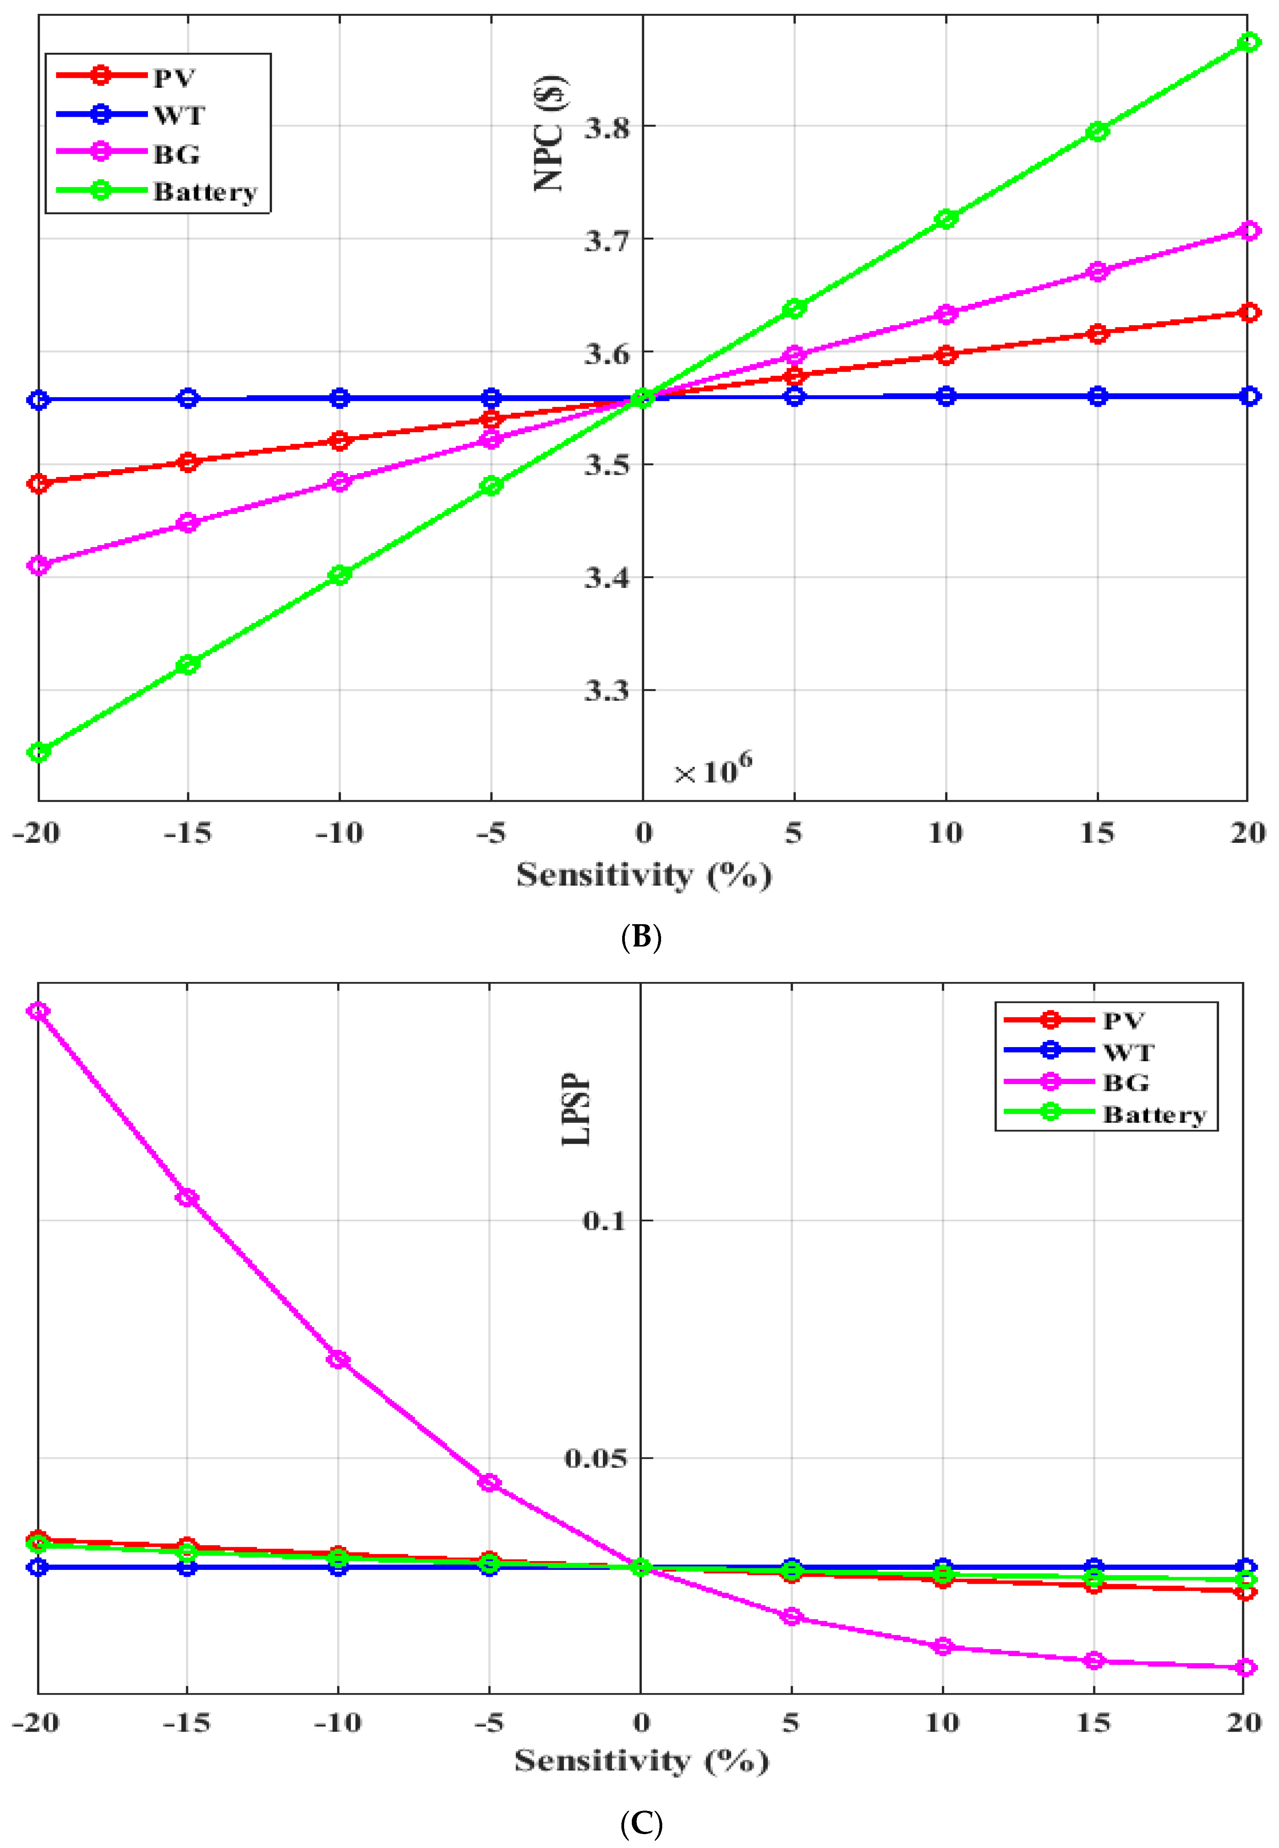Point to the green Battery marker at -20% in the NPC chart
pos(39,752)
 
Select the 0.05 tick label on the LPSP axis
pos(595,1458)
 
